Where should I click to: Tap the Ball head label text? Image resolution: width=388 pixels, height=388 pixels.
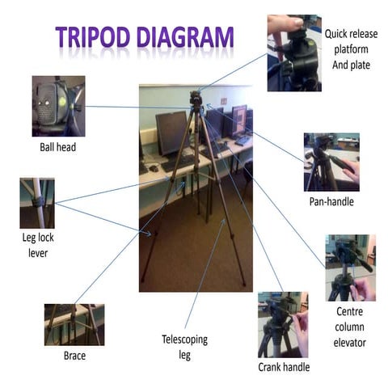point(57,147)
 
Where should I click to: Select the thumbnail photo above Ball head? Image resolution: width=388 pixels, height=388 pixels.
point(58,106)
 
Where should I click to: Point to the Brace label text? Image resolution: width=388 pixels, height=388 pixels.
point(74,355)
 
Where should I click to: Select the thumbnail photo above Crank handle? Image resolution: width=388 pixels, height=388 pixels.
point(284,325)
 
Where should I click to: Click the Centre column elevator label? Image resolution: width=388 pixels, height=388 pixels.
point(350,327)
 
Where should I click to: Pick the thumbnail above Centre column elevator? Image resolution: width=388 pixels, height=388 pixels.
point(350,267)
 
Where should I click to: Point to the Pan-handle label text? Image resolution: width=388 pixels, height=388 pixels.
point(331,200)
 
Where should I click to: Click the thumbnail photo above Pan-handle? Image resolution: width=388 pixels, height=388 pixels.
point(331,162)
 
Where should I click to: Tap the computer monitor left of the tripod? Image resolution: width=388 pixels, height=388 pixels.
point(171,132)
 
